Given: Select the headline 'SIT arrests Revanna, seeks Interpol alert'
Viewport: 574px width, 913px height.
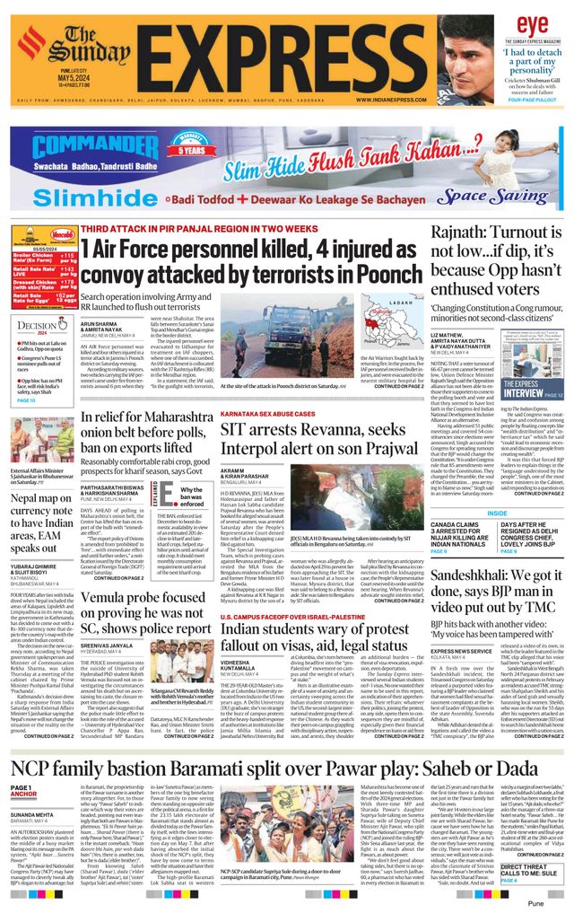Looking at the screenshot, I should coord(311,444).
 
